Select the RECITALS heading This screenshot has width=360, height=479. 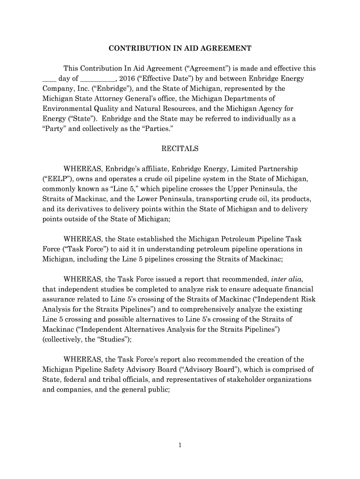pos(180,149)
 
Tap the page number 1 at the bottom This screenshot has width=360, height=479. pos(180,445)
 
